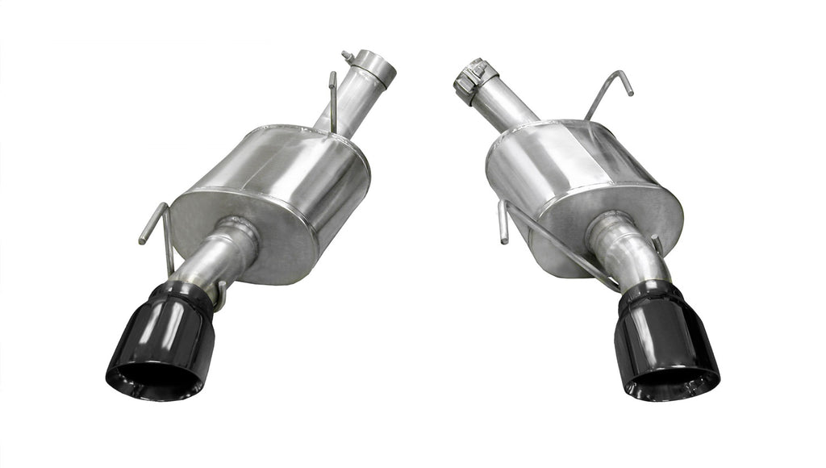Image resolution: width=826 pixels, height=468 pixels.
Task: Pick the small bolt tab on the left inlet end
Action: pyautogui.click(x=348, y=56)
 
